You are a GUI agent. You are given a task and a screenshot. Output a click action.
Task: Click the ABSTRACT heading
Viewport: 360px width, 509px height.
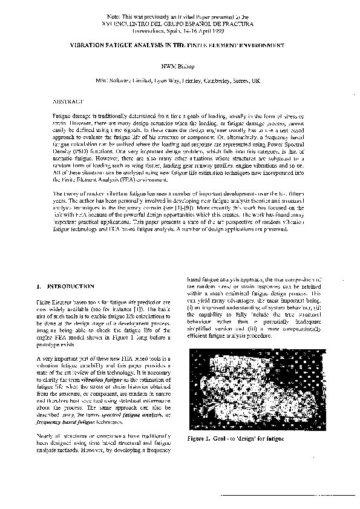68,96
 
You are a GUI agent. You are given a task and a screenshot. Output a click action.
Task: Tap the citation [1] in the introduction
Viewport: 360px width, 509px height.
131,309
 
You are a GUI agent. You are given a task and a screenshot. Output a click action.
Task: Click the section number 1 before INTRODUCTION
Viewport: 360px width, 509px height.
38,285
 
